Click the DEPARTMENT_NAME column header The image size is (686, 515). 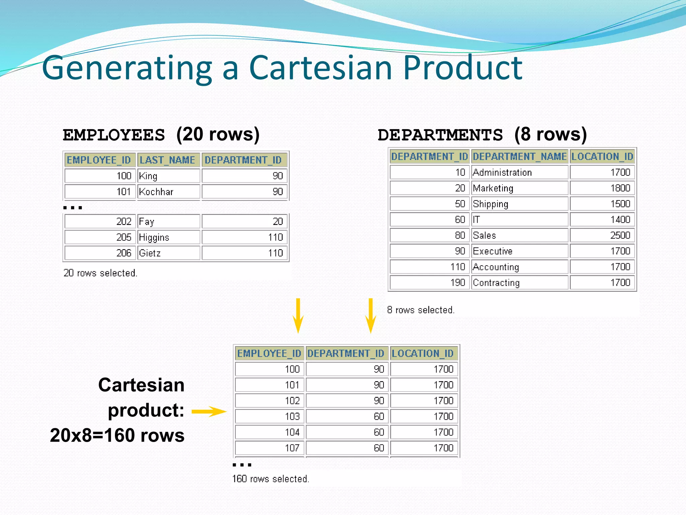[x=520, y=157]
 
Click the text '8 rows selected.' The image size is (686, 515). [x=421, y=310]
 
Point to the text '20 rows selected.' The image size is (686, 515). [x=100, y=273]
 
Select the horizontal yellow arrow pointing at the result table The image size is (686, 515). [x=209, y=411]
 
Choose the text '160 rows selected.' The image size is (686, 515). [x=270, y=479]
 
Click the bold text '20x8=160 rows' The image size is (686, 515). [x=117, y=436]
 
